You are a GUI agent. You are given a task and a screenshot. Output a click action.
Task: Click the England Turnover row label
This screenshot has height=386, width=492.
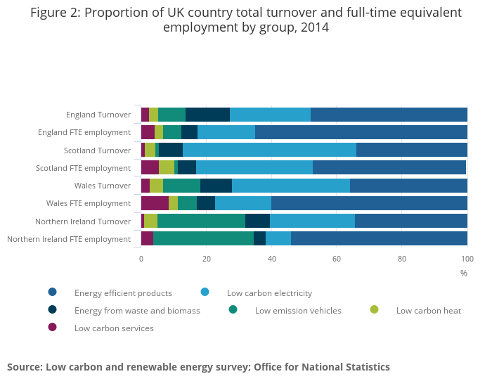98,115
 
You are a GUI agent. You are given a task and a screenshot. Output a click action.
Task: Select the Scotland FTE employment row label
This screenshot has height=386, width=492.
83,168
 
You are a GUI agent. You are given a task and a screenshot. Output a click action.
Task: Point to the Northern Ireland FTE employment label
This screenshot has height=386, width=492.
68,239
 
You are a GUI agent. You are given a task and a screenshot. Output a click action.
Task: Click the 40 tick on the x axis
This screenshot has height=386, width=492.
271,259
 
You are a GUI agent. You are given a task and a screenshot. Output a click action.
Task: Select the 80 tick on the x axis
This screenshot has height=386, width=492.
402,259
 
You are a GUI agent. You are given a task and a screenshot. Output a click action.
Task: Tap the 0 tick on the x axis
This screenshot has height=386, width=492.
141,259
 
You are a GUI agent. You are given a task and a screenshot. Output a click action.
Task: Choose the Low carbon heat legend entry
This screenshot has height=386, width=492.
428,311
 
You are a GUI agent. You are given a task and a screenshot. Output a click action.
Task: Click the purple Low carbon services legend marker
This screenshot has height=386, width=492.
52,327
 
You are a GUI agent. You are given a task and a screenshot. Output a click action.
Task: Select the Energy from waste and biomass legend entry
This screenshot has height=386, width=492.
137,311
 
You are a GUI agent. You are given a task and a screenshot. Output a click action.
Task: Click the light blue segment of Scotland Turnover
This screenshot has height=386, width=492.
269,150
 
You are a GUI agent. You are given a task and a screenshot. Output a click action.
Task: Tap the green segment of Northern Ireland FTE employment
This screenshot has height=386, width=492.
203,238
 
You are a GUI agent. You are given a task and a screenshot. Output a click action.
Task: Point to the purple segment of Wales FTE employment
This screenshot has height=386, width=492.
155,203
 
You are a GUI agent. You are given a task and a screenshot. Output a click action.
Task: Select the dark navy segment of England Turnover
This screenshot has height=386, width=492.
207,115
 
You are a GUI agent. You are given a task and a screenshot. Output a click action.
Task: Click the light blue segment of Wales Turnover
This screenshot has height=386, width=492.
290,186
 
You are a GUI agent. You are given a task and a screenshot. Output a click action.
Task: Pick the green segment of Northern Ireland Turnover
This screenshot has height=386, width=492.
201,221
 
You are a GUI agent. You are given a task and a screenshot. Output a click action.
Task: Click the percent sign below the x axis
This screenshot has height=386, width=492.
463,273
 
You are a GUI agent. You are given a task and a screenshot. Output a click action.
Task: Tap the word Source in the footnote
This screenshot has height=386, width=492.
23,367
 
